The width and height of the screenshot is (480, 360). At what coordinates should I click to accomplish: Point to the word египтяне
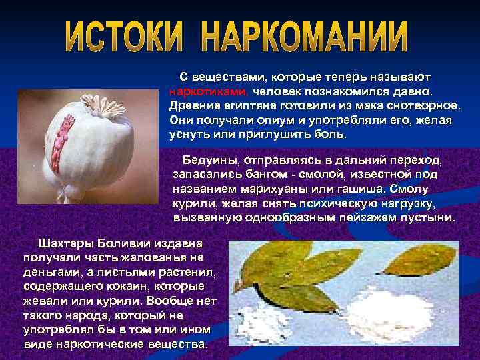pos(249,106)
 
